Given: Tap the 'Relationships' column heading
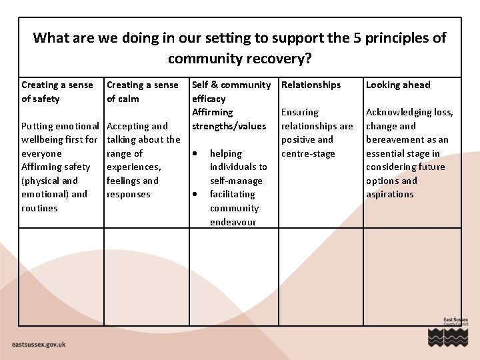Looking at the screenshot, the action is pos(311,85).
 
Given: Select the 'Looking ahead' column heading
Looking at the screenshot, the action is pos(398,85).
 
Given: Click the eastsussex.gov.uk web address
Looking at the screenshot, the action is pos(39,344).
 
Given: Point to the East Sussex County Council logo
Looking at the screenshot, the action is pos(447,331).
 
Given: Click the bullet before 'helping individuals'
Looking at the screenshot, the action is pos(196,153).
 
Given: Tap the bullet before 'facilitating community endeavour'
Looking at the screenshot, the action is pos(196,195).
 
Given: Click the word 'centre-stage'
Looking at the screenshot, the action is pos(308,153).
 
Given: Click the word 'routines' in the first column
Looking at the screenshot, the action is pos(39,208).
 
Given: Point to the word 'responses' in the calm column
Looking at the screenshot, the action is pos(129,194).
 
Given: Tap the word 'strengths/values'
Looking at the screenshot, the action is pos(229,126).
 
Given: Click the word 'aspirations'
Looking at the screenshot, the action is pos(389,194).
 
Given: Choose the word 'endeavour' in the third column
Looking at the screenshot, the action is pos(233,222).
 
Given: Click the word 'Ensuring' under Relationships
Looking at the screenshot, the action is pos(300,112).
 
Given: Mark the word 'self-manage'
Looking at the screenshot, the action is pos(236,181).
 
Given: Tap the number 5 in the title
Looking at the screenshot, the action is pos(359,38).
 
